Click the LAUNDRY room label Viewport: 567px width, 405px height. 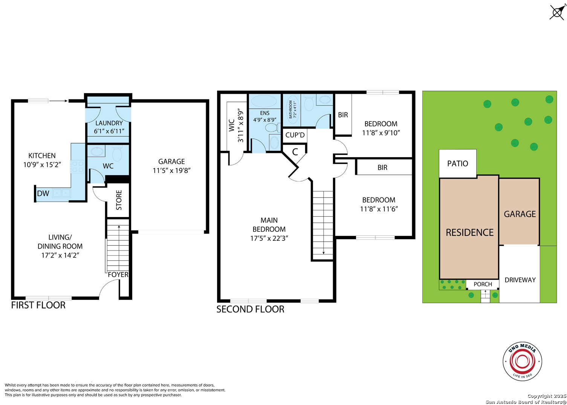109,123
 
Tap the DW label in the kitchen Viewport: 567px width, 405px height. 43,193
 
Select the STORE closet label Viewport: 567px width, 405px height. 119,200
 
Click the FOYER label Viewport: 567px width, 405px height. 118,275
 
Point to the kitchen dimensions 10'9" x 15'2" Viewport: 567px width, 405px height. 42,165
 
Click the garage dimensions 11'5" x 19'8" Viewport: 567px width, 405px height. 171,171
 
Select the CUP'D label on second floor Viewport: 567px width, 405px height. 295,135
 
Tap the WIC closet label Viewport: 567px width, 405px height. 232,125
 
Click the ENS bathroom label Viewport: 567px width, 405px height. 265,113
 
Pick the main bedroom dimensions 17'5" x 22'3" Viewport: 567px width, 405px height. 269,238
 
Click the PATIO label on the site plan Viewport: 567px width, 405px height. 458,164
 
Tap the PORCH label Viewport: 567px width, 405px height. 483,284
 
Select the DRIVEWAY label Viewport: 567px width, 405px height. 520,280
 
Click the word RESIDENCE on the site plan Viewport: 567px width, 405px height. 469,232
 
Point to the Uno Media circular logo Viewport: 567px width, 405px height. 522,361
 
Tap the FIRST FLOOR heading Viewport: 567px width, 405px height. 38,305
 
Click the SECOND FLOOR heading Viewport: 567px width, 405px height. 250,309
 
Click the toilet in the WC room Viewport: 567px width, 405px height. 117,154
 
